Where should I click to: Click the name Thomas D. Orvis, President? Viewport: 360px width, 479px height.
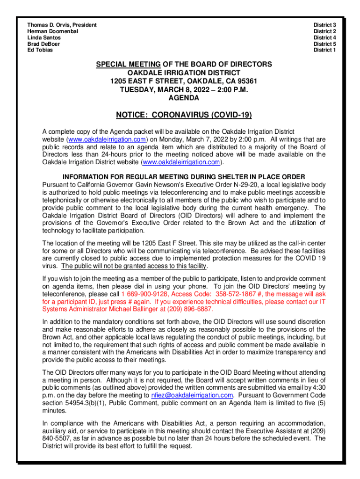pyautogui.click(x=62, y=24)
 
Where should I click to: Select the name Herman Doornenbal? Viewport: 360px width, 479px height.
pyautogui.click(x=53, y=31)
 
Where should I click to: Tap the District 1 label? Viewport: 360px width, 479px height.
pyautogui.click(x=324, y=50)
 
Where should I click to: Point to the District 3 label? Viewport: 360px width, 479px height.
pyautogui.click(x=324, y=24)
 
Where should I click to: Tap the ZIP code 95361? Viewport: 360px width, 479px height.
pyautogui.click(x=246, y=81)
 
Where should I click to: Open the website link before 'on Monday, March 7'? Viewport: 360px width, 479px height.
pyautogui.click(x=108, y=139)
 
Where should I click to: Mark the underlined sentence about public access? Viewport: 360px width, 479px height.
pyautogui.click(x=134, y=266)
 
